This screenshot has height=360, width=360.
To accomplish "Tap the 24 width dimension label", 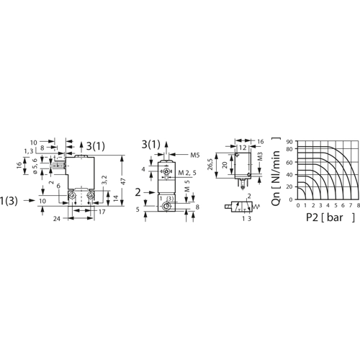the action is click(x=57, y=219).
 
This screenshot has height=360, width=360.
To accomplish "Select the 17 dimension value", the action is click(x=102, y=212).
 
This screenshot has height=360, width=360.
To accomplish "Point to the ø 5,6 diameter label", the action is click(x=35, y=166).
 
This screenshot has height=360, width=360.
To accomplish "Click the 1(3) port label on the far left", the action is click(x=9, y=201).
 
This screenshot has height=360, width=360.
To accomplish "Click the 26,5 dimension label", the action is click(x=210, y=164).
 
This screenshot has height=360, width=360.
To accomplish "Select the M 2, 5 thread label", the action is click(x=187, y=173).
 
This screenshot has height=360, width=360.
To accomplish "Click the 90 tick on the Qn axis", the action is click(x=289, y=142).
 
